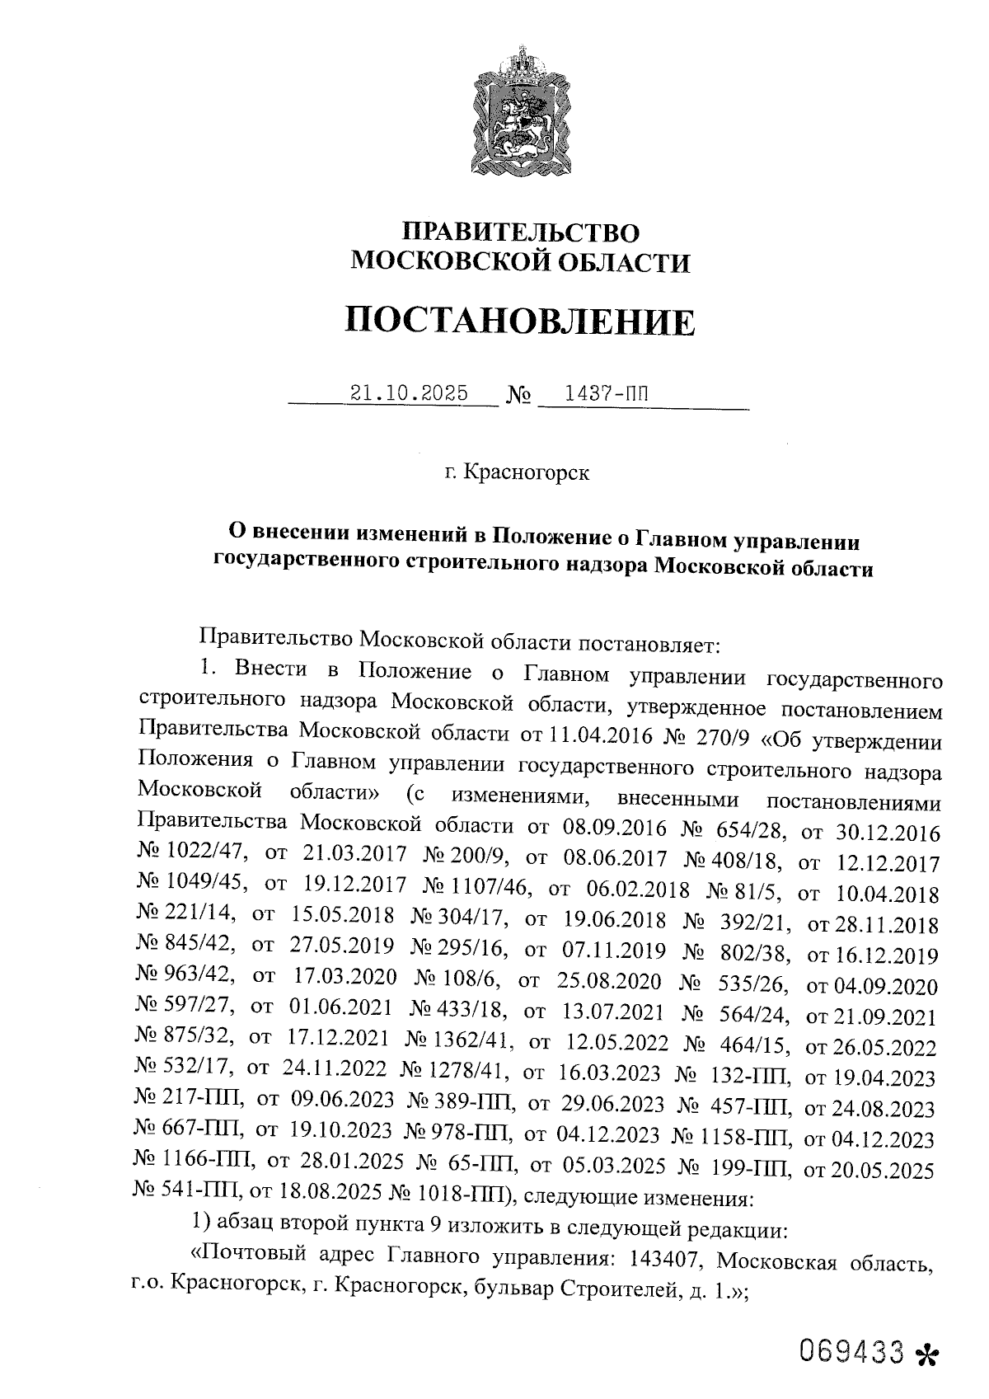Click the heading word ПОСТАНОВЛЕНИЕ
(519, 321)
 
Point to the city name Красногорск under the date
(527, 473)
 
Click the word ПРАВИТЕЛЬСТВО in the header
(519, 232)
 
